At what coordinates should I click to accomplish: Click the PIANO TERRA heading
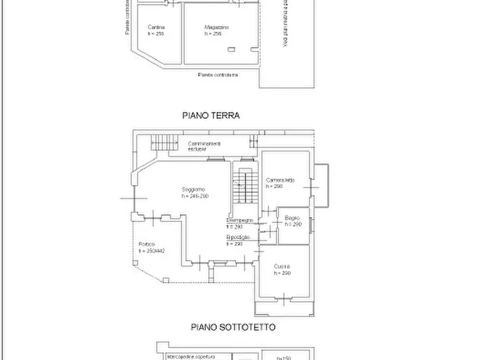tap(211, 116)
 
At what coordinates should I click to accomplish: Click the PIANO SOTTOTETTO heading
tap(233, 327)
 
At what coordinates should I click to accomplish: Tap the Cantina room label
tap(156, 27)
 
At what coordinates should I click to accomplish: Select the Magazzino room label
tap(217, 27)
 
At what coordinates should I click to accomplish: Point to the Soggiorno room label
tap(193, 190)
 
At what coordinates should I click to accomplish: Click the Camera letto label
tap(280, 180)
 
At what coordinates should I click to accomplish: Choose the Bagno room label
tap(292, 218)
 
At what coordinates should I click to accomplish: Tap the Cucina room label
tap(282, 267)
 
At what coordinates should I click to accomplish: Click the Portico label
tap(146, 244)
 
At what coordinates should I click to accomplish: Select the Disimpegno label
tap(239, 220)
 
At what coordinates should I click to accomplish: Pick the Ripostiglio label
tap(238, 237)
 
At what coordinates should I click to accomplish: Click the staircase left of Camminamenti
tap(163, 143)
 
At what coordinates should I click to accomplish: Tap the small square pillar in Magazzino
tap(231, 49)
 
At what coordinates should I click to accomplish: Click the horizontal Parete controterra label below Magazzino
tap(218, 75)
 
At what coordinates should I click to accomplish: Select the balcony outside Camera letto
tap(320, 185)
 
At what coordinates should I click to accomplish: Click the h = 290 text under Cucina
tap(282, 273)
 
